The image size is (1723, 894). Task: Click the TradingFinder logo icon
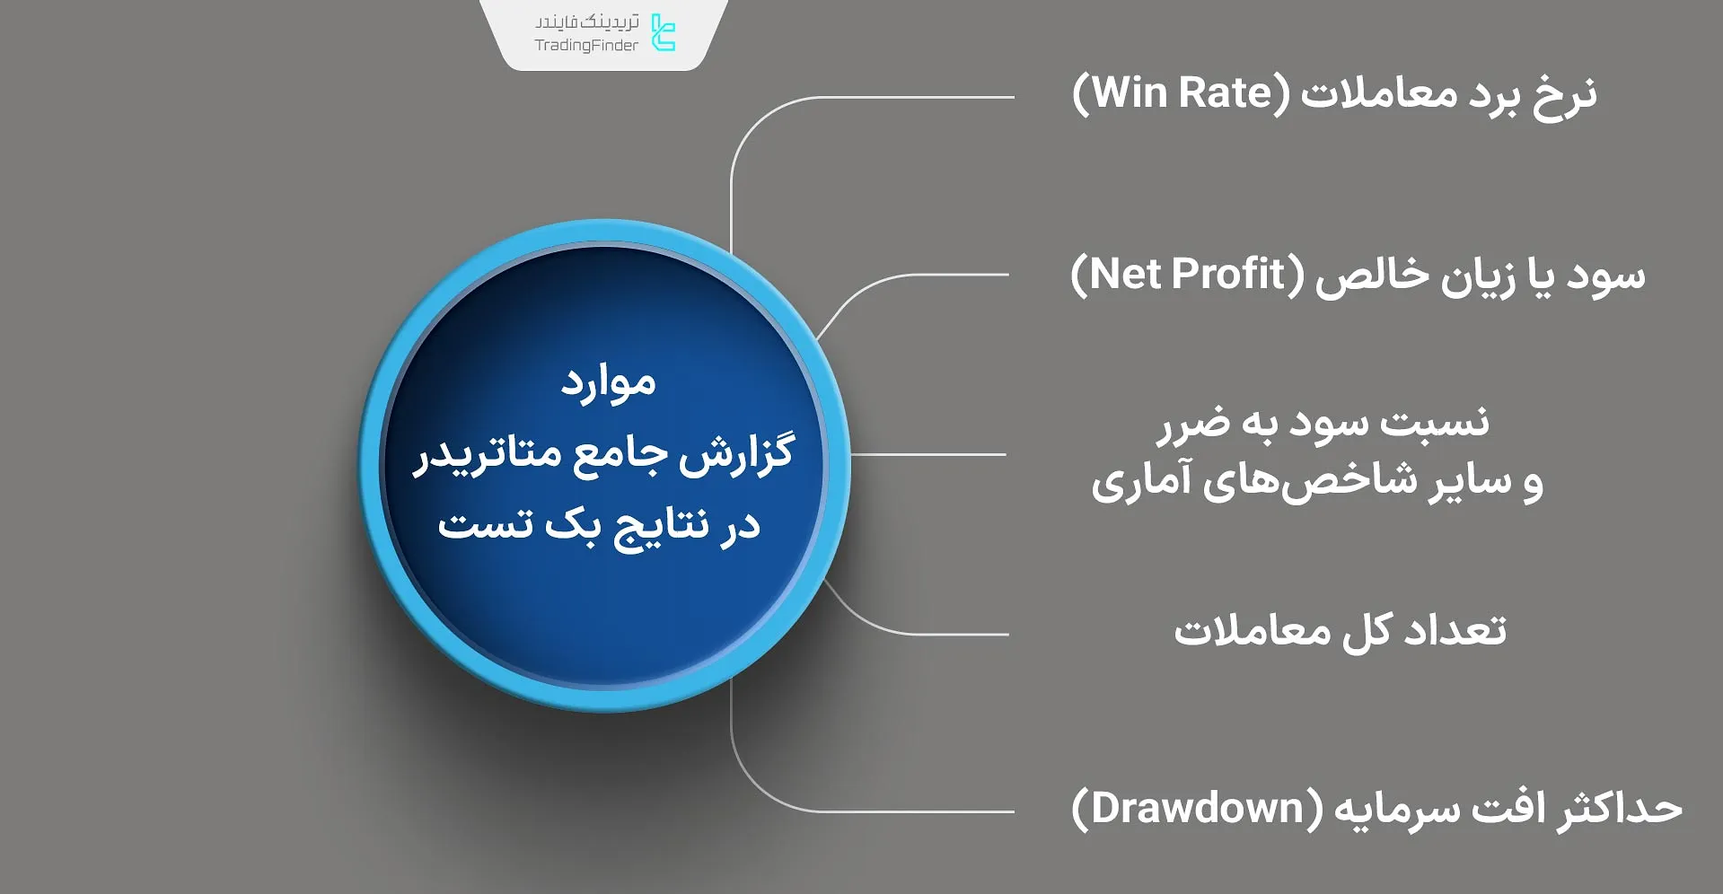(x=663, y=33)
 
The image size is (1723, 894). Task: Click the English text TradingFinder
(x=586, y=46)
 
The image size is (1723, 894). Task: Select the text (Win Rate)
(x=1181, y=93)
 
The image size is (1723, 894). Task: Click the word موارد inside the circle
(x=608, y=383)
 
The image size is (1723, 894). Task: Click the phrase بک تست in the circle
(x=521, y=525)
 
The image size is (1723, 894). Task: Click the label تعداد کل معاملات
(x=1340, y=631)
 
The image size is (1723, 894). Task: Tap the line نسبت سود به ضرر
(x=1323, y=423)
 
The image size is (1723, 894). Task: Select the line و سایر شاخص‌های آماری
(x=1317, y=481)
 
